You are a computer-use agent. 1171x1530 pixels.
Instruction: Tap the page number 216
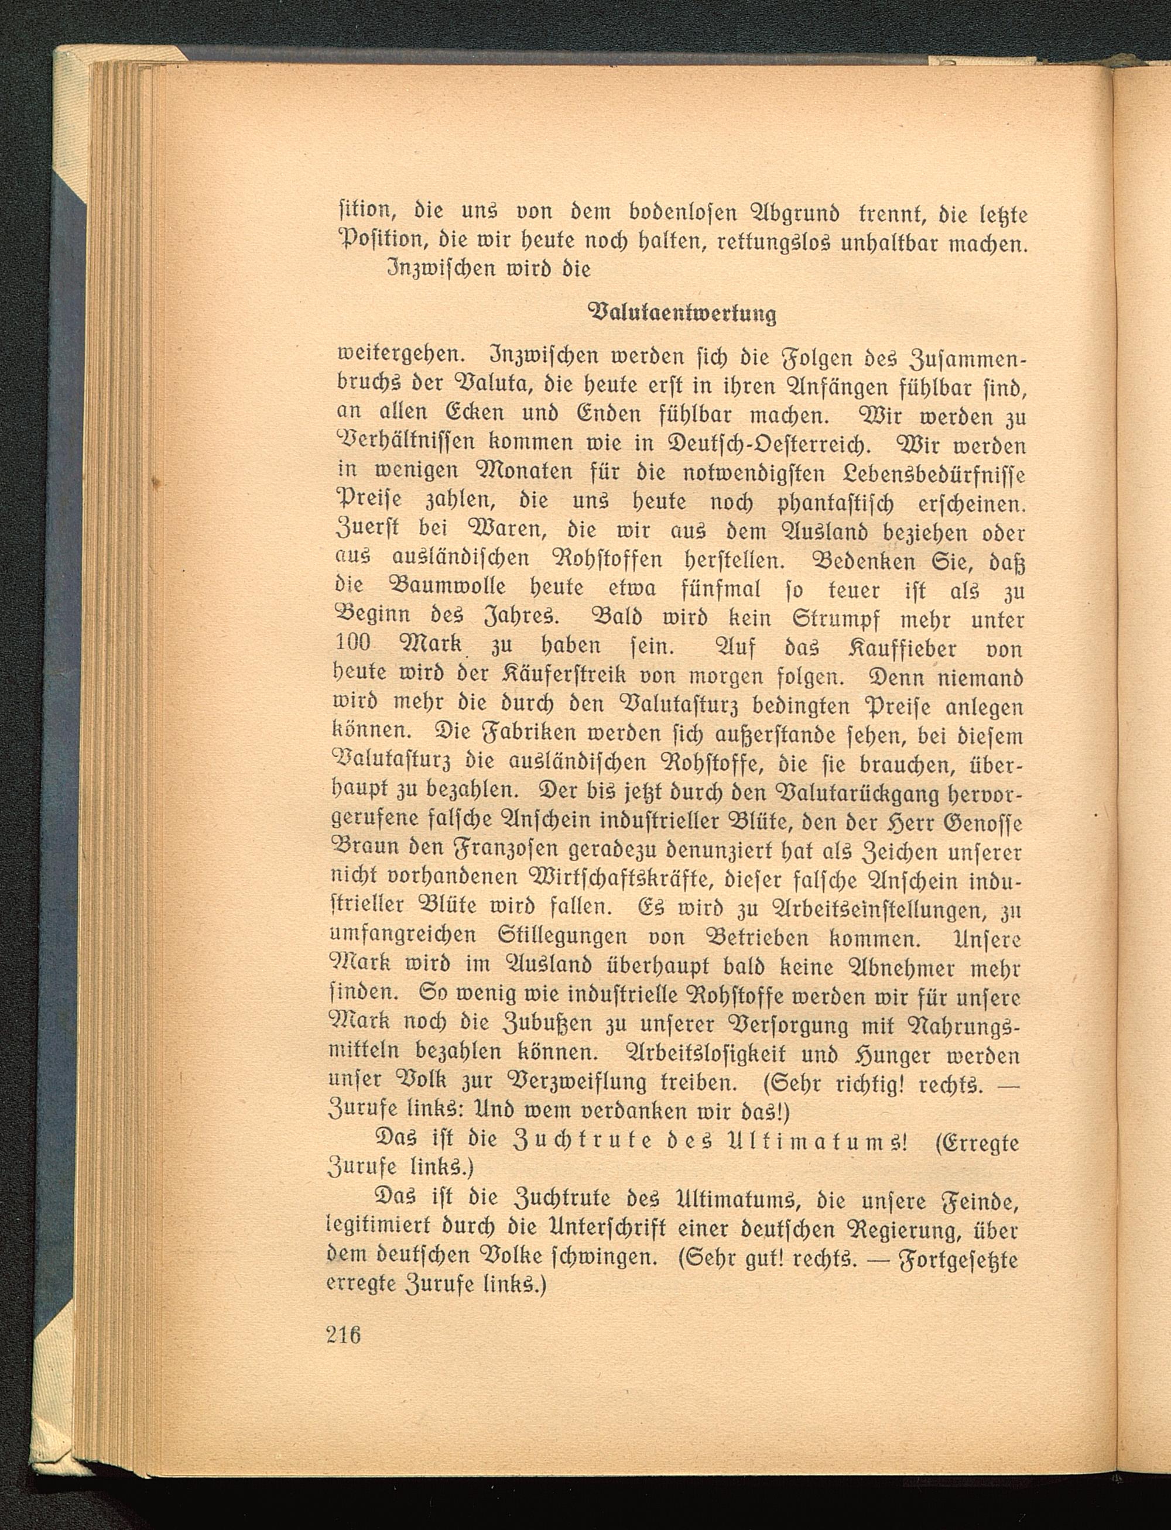(x=343, y=1335)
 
